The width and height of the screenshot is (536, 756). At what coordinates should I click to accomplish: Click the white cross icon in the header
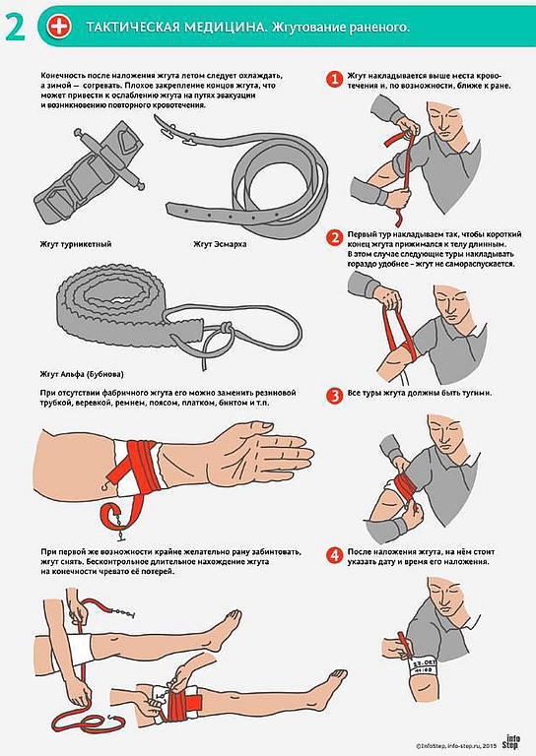click(x=59, y=26)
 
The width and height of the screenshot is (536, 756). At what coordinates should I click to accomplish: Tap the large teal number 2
click(x=16, y=28)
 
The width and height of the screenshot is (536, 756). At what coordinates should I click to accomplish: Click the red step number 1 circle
click(x=334, y=80)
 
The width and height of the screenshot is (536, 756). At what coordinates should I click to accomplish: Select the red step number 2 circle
click(x=334, y=238)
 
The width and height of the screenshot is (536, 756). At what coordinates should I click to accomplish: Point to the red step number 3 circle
click(x=334, y=396)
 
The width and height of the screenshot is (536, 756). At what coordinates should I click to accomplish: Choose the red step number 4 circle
click(x=334, y=555)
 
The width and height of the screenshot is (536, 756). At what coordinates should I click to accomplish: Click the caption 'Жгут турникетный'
click(x=76, y=244)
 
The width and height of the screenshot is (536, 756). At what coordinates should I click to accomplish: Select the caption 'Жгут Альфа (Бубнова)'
click(x=82, y=374)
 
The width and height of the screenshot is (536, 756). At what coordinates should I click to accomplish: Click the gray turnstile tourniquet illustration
click(x=91, y=166)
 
